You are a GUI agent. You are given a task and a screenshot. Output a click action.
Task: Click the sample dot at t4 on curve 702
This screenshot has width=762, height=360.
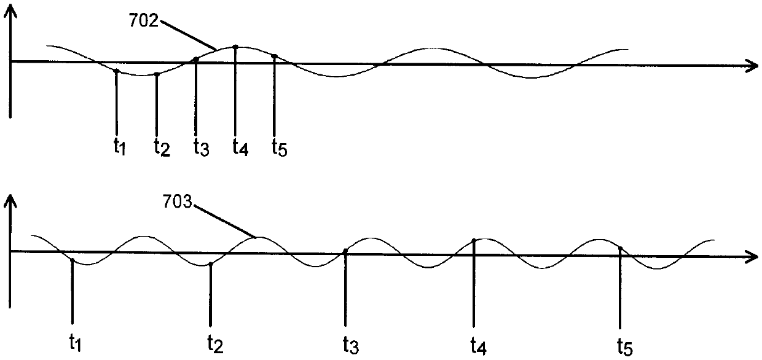(236, 47)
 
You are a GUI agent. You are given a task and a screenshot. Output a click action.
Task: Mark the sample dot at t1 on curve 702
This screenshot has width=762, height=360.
(116, 71)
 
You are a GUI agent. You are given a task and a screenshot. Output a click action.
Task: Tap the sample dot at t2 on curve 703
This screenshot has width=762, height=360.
(211, 264)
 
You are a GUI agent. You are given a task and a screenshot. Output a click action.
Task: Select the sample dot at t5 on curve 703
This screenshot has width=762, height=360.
(621, 249)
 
